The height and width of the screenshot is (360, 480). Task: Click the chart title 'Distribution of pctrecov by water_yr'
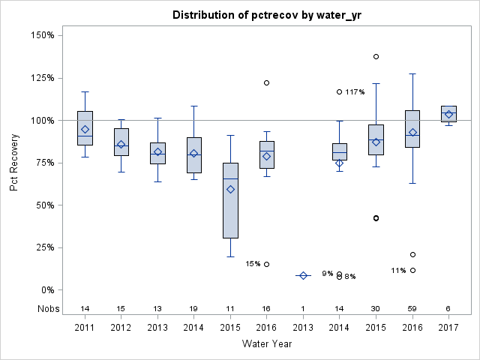coord(266,15)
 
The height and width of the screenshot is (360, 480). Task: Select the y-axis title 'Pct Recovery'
coord(15,162)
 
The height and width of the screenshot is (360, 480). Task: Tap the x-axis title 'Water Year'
coord(266,344)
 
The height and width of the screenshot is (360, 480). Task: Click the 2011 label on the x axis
coord(85,327)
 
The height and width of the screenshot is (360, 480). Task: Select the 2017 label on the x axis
coord(448,327)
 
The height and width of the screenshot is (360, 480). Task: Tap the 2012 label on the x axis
coord(121,327)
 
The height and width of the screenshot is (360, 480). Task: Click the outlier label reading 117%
coord(355,92)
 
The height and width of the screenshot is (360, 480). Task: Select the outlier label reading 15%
coord(253,264)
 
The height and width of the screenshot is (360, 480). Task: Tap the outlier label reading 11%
coord(398,271)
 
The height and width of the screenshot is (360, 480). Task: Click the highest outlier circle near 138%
coord(376,56)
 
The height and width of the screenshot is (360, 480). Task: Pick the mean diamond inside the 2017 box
coord(448,114)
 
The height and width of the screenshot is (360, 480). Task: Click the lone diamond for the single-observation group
coord(303,275)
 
